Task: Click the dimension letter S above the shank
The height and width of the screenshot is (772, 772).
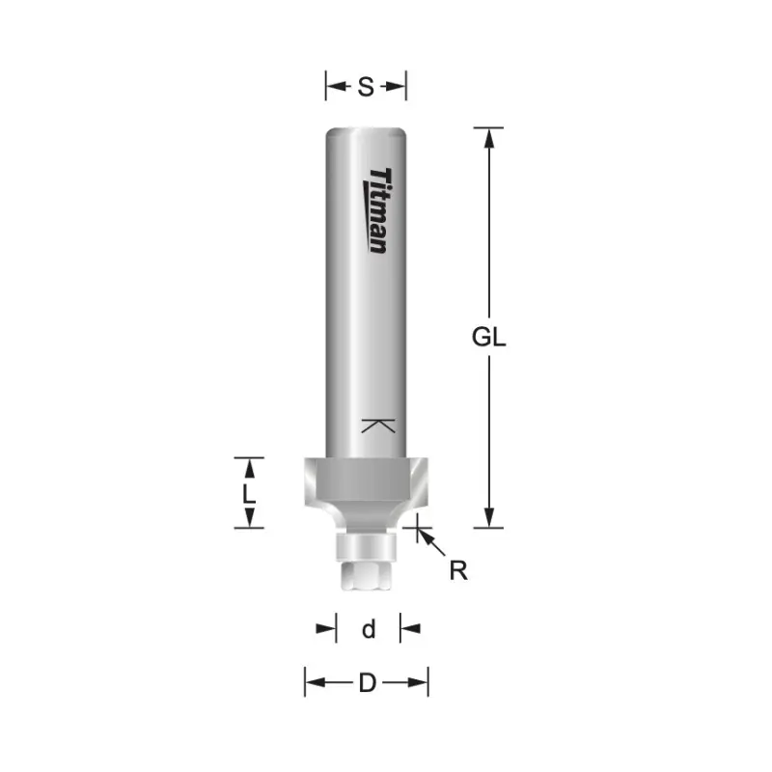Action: pos(366,87)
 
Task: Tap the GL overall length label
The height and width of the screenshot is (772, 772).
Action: pos(488,337)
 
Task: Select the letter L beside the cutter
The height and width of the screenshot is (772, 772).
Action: pos(249,493)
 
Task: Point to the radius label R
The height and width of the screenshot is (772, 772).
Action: pos(458,570)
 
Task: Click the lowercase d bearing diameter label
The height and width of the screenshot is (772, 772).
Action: pos(369,629)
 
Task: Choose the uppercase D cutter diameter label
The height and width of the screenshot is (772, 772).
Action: pos(368,683)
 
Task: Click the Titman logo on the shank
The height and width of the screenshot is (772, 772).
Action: pos(378,210)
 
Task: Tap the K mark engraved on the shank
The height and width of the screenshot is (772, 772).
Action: pos(378,426)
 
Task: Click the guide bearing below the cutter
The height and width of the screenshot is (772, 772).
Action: pos(366,545)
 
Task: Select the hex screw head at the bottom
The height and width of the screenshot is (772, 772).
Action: pos(366,575)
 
